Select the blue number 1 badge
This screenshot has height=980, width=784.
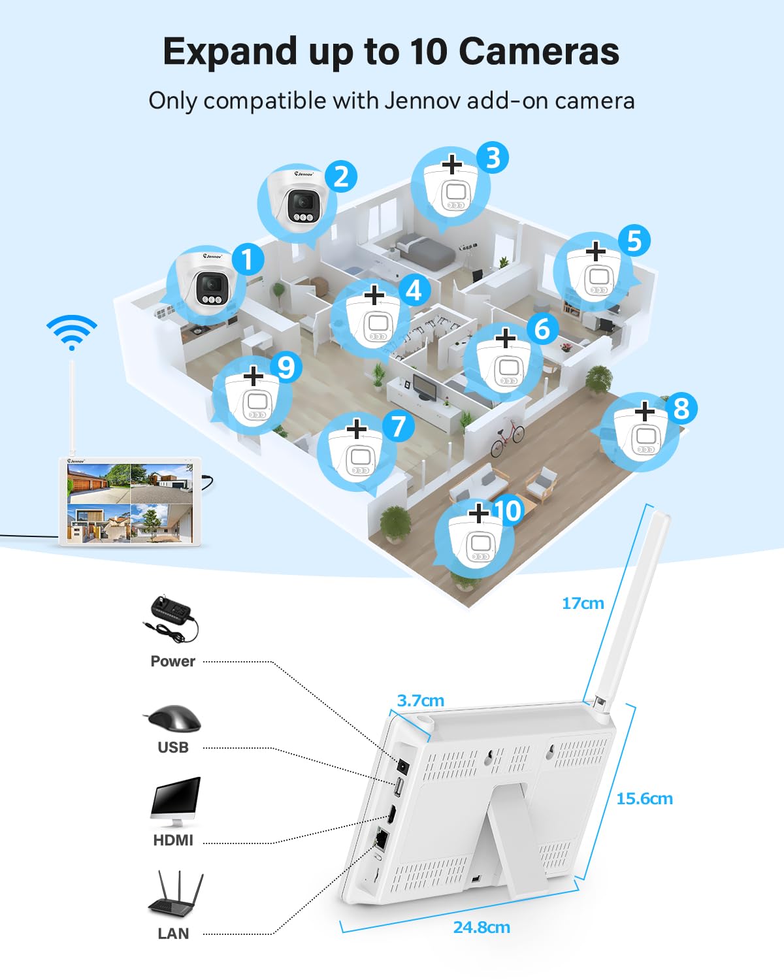[x=248, y=259]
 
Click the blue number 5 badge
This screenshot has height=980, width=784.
[x=634, y=240]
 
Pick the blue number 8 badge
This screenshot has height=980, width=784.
[x=681, y=409]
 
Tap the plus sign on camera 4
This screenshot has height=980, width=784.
[x=374, y=295]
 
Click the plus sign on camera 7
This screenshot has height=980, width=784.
[x=357, y=429]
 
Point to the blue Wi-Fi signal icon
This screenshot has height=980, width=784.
[x=72, y=332]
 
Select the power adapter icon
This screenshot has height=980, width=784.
[x=171, y=617]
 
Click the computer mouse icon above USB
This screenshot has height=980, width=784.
[x=172, y=719]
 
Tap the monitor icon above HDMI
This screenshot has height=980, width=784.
[x=174, y=802]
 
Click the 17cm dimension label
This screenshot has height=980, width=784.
[x=583, y=603]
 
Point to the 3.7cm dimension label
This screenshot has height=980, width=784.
[x=421, y=700]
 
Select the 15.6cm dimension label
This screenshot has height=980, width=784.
[x=644, y=798]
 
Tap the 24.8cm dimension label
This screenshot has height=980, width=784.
[x=482, y=927]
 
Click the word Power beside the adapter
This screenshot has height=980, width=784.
[x=172, y=661]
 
